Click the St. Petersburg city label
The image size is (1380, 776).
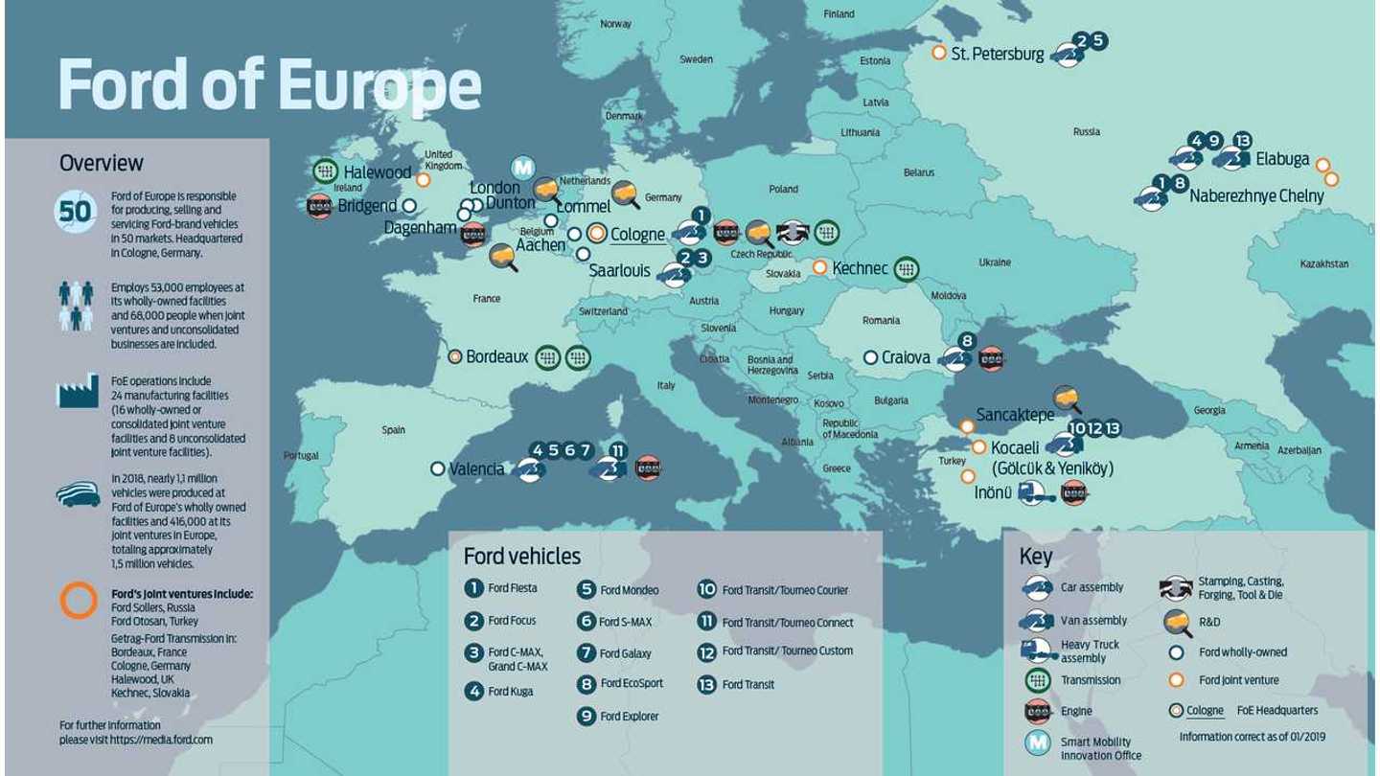[997, 54]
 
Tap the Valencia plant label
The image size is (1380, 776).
[476, 468]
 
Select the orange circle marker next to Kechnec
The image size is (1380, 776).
[819, 268]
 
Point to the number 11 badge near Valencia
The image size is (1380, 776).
[618, 450]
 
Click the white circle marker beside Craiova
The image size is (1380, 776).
[870, 357]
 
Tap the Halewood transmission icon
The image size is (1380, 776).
[325, 171]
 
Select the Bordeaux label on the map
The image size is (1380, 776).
[496, 356]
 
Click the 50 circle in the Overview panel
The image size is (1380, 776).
[76, 211]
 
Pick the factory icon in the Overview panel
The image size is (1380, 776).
[78, 391]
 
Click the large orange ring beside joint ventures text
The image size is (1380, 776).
[79, 600]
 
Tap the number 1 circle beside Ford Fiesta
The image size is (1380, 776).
[473, 588]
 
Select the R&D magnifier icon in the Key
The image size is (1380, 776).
[1176, 622]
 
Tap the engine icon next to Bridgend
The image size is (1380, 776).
[319, 206]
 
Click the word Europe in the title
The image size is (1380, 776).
[379, 86]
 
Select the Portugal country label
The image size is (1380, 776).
[301, 455]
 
